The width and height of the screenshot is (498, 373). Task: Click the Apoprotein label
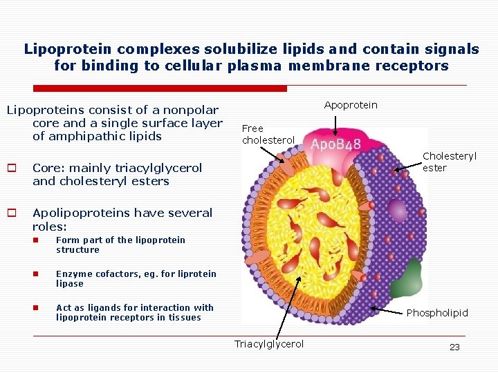pos(351,104)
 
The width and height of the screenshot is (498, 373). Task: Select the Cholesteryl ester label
pos(449,162)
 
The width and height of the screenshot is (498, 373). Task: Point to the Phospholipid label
pos(436,313)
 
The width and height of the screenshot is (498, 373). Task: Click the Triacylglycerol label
pos(268,344)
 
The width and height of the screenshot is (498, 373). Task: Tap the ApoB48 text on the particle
pos(335,145)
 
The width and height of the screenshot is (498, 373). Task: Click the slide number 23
pos(454,347)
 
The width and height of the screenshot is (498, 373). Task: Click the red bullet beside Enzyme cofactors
pos(42,274)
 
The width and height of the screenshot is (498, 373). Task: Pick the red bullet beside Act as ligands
pos(42,307)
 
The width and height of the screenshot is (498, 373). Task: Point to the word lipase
pos(70,284)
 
